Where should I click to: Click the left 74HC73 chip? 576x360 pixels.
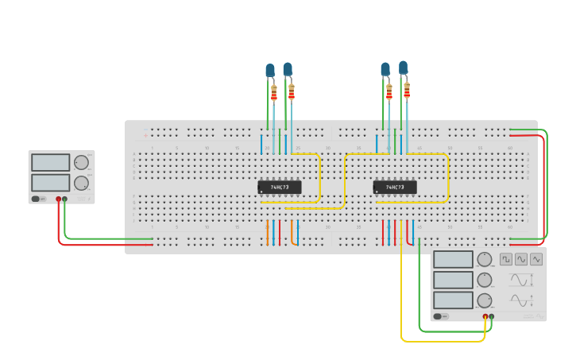(280, 188)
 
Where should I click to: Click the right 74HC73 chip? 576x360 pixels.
(395, 188)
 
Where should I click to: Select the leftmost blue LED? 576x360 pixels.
(270, 71)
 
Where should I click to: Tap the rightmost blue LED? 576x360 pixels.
(404, 68)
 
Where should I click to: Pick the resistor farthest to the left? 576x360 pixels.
(274, 94)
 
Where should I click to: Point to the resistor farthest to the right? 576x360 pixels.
(407, 90)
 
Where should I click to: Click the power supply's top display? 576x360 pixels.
(50, 162)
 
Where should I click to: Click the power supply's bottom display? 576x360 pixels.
(50, 182)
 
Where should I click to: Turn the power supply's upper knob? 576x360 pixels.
(81, 163)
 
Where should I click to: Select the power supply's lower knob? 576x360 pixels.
(81, 183)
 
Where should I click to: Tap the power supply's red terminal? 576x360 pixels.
(58, 199)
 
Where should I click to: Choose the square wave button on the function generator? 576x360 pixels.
(506, 259)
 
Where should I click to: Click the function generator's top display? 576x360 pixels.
(453, 259)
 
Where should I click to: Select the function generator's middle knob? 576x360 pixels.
(485, 280)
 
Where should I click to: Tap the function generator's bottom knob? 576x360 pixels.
(485, 300)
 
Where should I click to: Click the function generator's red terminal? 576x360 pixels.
(485, 316)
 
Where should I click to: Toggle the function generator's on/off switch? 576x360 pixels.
(442, 316)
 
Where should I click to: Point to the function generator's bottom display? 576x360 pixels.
(453, 300)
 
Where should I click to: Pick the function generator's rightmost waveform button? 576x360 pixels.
(536, 259)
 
